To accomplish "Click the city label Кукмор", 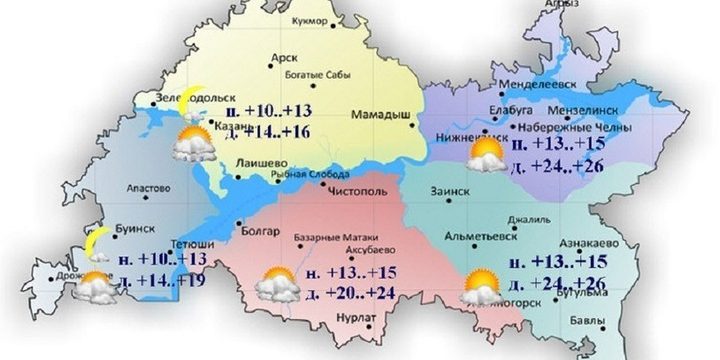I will pos(308,20).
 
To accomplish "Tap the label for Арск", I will pos(285,59).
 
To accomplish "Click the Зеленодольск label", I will pos(171,98).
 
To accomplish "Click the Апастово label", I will pos(153,187).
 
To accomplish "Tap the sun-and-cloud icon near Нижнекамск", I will pos(487,155).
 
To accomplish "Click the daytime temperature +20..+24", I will pos(343,293).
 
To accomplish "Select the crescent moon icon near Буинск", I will pos(96,241).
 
